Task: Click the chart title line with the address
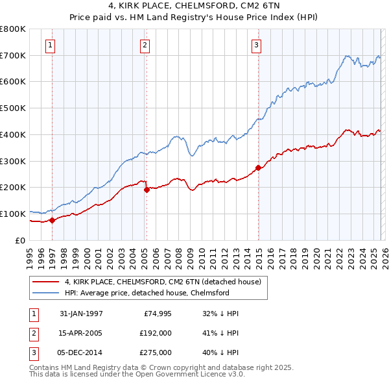[x=194, y=6]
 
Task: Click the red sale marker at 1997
[x=52, y=220]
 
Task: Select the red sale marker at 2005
[x=147, y=190]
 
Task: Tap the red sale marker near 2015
[x=258, y=167]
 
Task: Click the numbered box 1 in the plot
[x=50, y=45]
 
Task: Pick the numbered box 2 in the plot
[x=144, y=45]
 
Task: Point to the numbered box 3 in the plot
[x=256, y=45]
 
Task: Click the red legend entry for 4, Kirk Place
[x=162, y=282]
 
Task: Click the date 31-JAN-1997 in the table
[x=81, y=313]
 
